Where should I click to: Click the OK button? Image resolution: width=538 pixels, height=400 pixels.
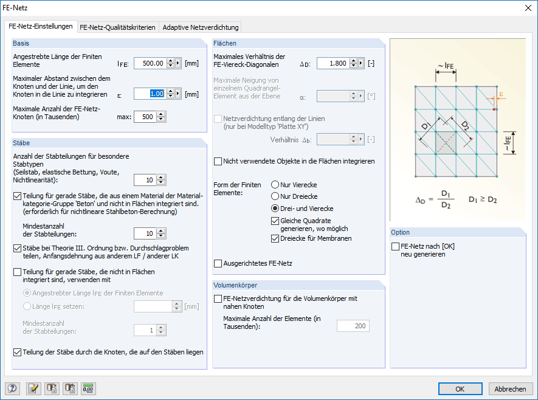pos(460,389)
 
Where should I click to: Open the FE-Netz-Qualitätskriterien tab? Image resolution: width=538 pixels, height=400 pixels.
pos(117,27)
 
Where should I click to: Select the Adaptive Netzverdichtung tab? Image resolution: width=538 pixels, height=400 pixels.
pos(201,27)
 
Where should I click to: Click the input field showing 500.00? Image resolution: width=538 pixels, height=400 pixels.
pos(149,63)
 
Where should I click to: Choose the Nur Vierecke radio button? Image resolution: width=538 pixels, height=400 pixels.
pos(276,185)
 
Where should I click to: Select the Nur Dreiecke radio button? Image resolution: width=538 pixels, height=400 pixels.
pos(276,196)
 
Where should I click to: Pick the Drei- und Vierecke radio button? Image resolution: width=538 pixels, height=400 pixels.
pos(276,209)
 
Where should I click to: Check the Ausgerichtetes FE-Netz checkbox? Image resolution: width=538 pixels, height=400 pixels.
pos(218,264)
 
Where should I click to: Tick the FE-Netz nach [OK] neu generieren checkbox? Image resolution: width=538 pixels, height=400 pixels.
pos(395,246)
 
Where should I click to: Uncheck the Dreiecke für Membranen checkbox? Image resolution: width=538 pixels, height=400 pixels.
pos(276,238)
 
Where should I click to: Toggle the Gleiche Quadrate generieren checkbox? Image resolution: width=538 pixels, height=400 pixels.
pos(276,220)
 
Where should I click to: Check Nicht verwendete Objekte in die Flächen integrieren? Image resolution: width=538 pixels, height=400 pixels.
pos(218,162)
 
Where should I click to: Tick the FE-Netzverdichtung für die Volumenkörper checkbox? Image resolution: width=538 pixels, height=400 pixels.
pos(218,298)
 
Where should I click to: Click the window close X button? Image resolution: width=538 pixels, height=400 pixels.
pos(527,8)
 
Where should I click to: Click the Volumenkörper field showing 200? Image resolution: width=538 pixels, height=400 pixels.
pos(353,326)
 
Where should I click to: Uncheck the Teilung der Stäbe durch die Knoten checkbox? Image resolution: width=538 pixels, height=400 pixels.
pos(17,352)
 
